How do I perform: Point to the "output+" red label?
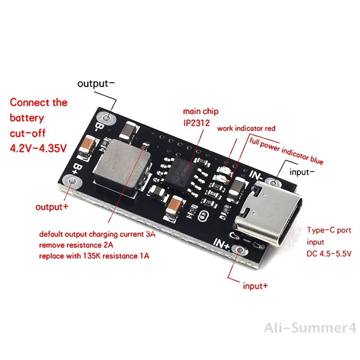pos(51,207)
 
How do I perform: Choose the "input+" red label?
pos(255,285)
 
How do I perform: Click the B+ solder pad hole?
pos(72,182)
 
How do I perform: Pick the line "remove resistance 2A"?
pos(77,245)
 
